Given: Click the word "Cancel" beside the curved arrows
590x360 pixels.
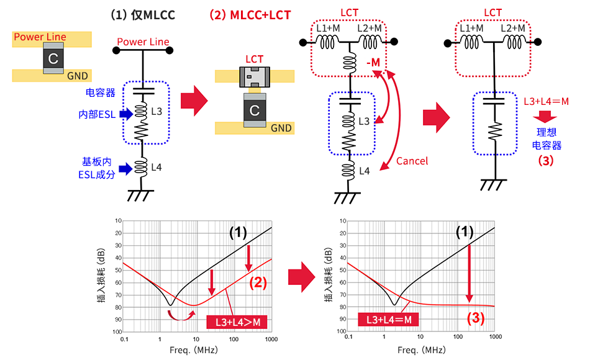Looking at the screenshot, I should click(x=412, y=161).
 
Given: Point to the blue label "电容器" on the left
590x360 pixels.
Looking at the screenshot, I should click(x=99, y=92).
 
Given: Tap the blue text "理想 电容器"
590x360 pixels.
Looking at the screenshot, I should click(x=549, y=139).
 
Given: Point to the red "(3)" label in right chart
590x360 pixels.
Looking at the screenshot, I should click(x=475, y=319).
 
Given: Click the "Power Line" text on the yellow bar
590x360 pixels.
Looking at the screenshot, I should click(x=40, y=37).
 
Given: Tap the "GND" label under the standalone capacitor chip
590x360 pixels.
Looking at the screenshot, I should click(x=78, y=76).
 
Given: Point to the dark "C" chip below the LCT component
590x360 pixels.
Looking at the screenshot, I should click(x=254, y=111).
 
